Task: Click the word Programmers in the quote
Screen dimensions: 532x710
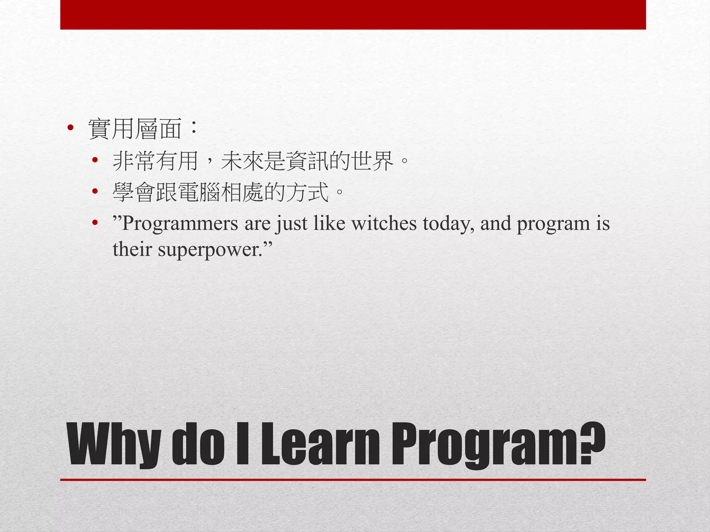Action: point(180,224)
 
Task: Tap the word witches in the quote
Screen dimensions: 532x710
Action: point(384,223)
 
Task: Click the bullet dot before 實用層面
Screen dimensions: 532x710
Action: point(70,128)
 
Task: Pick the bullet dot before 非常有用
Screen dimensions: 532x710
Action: point(95,160)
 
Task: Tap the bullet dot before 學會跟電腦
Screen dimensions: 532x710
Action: point(95,191)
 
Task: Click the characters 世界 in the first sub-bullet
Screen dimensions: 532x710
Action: point(372,161)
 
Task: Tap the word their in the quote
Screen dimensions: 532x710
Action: point(132,249)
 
